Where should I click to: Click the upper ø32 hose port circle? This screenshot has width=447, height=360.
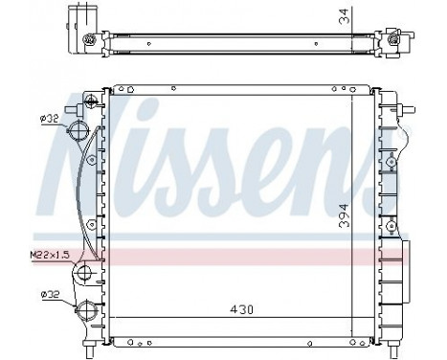coord(83,133)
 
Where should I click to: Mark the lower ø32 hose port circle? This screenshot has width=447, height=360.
coord(84,310)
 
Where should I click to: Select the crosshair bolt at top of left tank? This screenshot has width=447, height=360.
coord(89,101)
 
